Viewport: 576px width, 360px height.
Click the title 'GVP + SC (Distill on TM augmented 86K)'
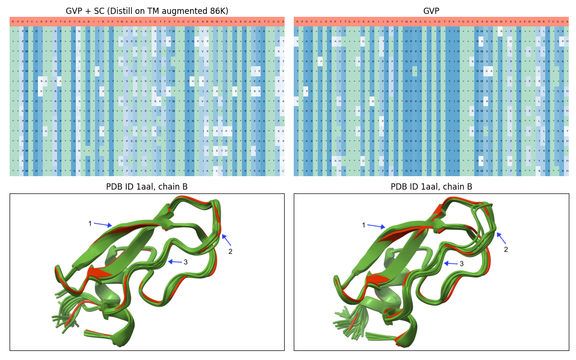[x=147, y=11]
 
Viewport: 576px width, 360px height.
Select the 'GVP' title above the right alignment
[x=431, y=11]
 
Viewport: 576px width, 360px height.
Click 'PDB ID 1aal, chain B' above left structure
[x=147, y=187]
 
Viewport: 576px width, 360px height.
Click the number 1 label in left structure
[x=90, y=223]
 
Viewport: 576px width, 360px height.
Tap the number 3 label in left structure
[x=186, y=262]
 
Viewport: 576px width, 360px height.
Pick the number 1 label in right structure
[x=363, y=225]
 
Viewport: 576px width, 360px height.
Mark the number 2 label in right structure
[x=505, y=250]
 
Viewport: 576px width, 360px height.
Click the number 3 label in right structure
[x=462, y=264]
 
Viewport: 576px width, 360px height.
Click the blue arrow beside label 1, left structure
[x=103, y=225]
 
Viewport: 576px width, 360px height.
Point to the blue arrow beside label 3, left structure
[x=175, y=262]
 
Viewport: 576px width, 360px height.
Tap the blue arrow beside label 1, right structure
[x=376, y=226]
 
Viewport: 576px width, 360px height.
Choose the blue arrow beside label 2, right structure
[x=501, y=238]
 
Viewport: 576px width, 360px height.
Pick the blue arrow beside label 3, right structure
[x=451, y=263]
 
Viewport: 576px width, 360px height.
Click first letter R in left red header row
[x=12, y=22]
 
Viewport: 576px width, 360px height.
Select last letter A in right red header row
[x=566, y=22]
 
